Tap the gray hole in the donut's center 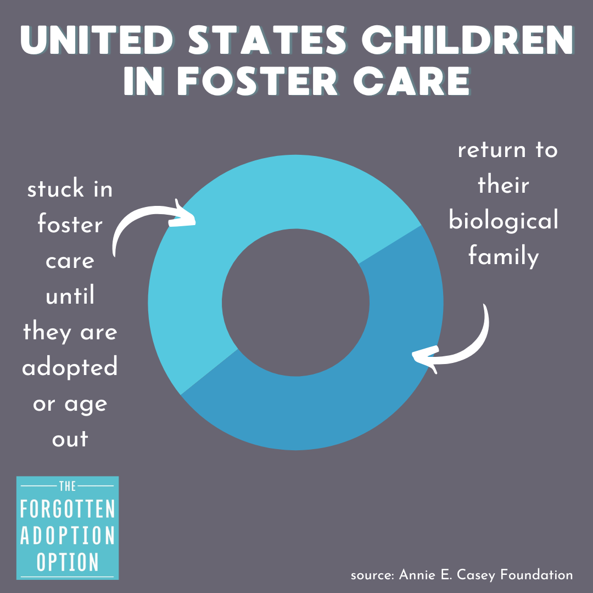click(295, 302)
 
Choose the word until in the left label click(70, 296)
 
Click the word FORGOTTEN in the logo click(68, 509)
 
